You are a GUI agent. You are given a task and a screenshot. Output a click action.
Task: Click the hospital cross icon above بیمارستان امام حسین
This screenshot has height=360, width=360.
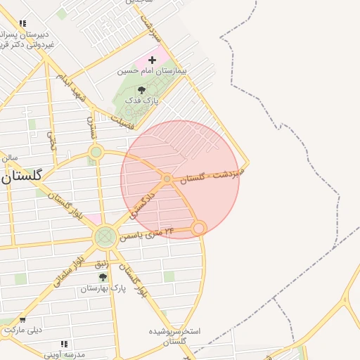click(x=152, y=60)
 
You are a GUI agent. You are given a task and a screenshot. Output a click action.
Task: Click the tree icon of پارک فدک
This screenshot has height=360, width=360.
click(x=141, y=90)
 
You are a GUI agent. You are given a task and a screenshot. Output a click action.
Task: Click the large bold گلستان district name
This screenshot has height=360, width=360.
click(x=31, y=176)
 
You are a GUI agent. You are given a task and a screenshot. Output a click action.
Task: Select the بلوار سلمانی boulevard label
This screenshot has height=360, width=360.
click(x=70, y=270)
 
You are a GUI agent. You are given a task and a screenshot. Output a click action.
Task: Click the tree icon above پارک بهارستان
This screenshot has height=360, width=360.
click(x=103, y=278)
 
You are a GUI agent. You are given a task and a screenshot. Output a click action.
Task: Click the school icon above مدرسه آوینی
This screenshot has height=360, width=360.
click(x=64, y=344)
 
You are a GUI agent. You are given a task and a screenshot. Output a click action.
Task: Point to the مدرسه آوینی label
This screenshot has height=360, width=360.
click(x=64, y=354)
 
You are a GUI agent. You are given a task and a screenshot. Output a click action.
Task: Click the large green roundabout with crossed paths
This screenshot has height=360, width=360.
click(x=105, y=237)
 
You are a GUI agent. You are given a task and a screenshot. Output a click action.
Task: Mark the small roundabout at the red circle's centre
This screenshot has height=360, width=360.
click(x=167, y=179)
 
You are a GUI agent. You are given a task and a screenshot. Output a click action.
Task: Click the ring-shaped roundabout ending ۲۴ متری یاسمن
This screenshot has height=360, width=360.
click(x=199, y=228)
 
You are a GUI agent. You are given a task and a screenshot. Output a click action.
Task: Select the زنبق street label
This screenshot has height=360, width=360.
click(x=101, y=264)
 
